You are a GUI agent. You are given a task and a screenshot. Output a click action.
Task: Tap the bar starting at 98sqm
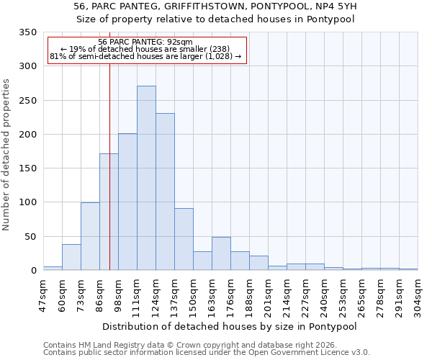point(127,202)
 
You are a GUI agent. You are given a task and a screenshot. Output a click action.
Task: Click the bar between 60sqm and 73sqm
point(71,257)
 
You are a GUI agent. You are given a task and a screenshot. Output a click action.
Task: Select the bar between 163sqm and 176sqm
point(221,253)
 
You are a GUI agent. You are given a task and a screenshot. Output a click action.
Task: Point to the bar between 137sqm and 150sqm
point(184,239)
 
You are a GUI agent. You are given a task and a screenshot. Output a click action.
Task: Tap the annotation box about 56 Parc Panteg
point(146,50)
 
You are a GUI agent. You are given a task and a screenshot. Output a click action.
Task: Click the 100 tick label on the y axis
point(28,202)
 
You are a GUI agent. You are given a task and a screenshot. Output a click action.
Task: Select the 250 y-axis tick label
point(28,101)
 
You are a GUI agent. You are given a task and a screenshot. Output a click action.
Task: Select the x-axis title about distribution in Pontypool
point(230,326)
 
